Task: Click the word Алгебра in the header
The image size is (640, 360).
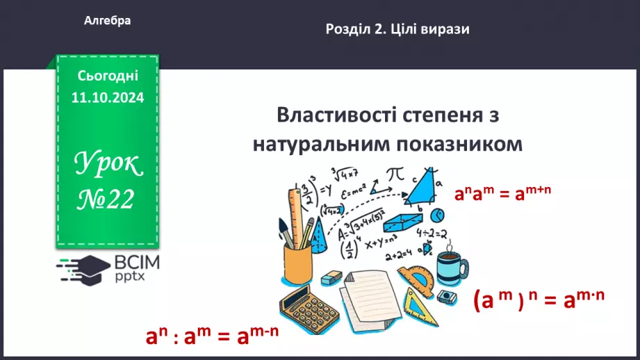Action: pos(107,21)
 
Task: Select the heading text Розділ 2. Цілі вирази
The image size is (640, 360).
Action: pos(397,29)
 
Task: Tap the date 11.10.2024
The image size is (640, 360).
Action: pos(108,98)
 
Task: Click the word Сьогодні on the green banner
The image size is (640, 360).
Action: pos(108,75)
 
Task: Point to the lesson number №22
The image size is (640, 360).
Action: pos(107,200)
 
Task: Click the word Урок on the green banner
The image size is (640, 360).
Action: pos(108,165)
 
